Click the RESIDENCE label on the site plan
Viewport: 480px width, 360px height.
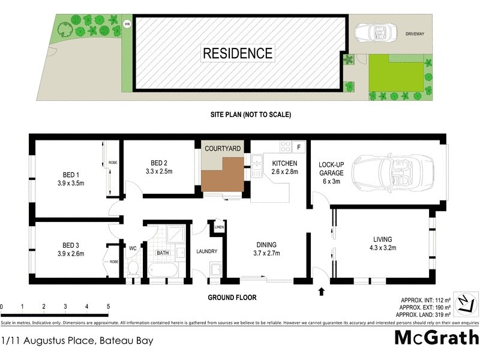(x=238, y=53)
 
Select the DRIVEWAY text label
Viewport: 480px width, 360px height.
(x=413, y=34)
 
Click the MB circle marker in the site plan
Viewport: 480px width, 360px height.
(x=127, y=24)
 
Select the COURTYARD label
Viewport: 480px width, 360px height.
(x=223, y=148)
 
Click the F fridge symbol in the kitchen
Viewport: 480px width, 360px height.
(x=299, y=146)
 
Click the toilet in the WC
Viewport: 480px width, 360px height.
(x=133, y=268)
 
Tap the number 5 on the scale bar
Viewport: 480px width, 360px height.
(x=108, y=307)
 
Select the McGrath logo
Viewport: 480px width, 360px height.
(x=436, y=337)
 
